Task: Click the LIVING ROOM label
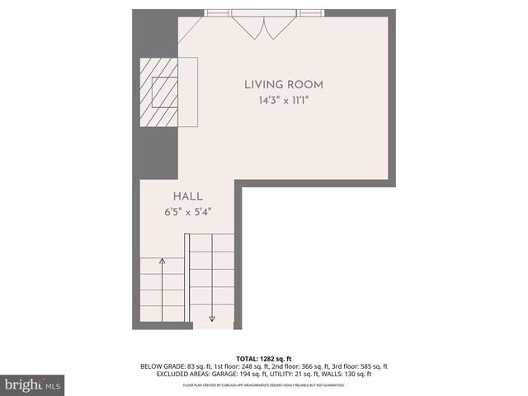[x=283, y=84]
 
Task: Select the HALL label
[x=187, y=196]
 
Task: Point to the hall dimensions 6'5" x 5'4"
[x=187, y=211]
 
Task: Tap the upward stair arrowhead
[x=163, y=262]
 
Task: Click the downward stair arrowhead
[x=212, y=318]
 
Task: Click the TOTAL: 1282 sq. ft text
[x=264, y=357]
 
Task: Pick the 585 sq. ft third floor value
[x=373, y=365]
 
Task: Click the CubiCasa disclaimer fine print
[x=264, y=385]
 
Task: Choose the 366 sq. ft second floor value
[x=318, y=365]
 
